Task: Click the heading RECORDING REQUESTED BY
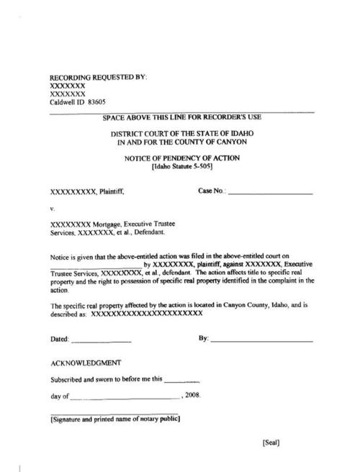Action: point(97,77)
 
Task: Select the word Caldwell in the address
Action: point(65,102)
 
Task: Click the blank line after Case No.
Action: point(270,194)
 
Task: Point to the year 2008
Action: point(192,396)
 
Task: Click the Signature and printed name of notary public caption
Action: point(115,419)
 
